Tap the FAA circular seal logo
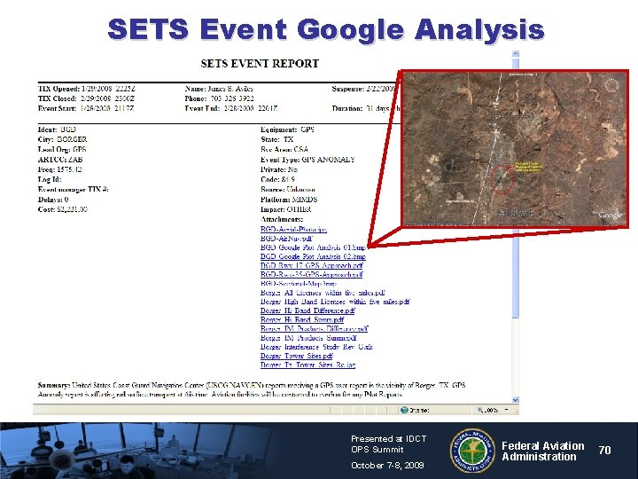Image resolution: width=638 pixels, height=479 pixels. (474, 450)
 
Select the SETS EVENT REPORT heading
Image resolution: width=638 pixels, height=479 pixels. (260, 64)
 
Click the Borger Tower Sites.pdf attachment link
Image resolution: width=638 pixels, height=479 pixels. (297, 356)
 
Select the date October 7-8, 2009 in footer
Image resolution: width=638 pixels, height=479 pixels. (387, 466)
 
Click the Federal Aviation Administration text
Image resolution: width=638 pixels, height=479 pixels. (542, 451)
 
